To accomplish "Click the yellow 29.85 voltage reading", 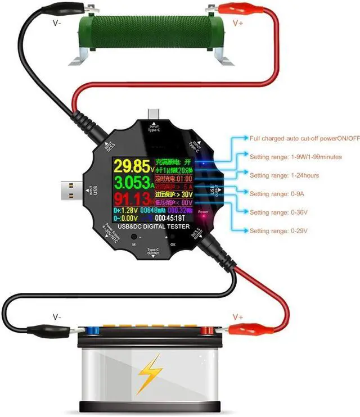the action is coord(130,166).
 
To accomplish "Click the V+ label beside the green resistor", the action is coord(238,24).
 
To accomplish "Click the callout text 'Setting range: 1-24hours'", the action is coord(284,175).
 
